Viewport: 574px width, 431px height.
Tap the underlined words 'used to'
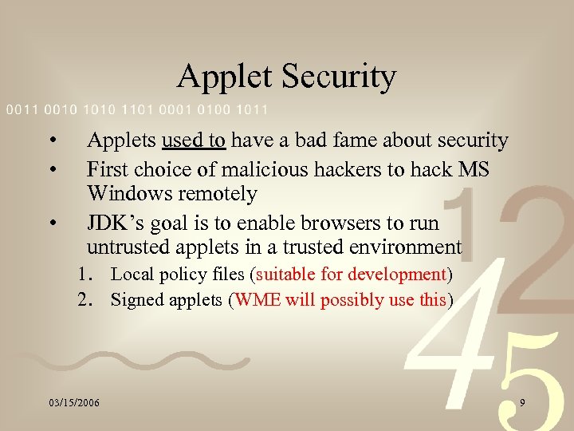click(x=194, y=141)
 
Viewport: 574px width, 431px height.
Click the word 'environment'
click(x=402, y=247)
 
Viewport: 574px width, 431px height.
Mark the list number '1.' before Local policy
click(x=87, y=275)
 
